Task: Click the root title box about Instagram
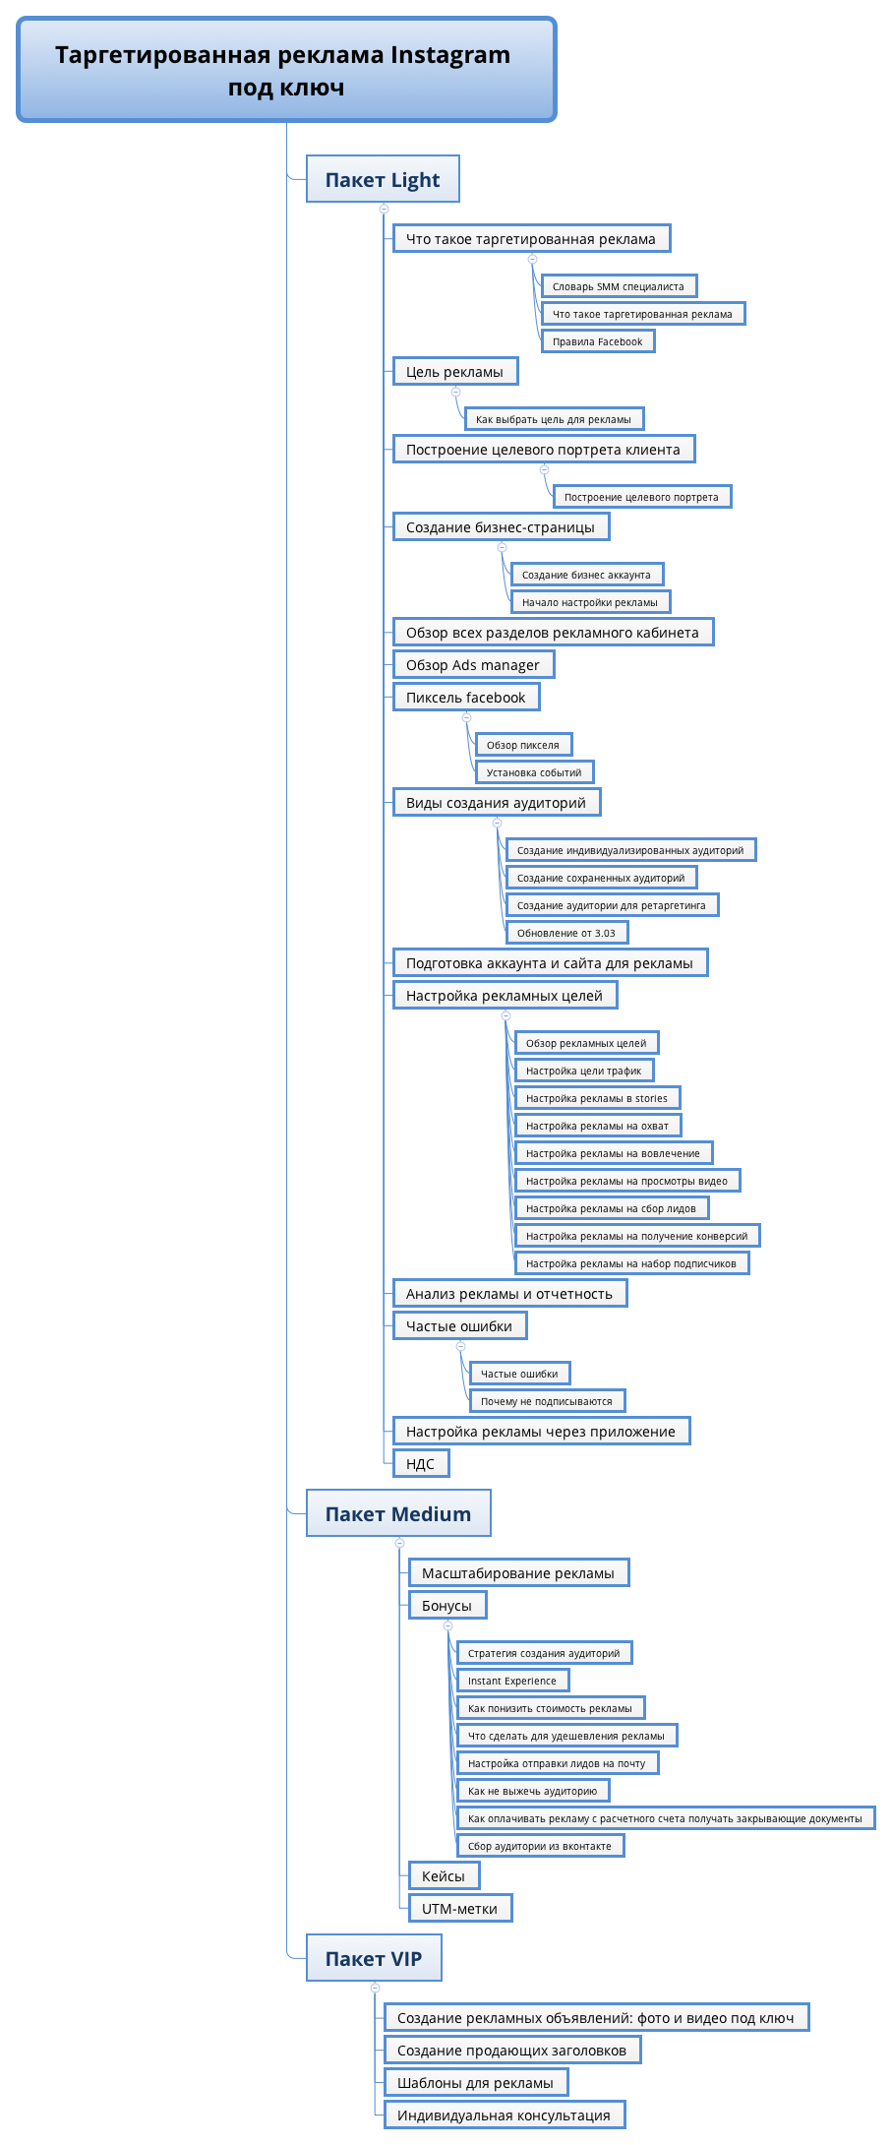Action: (x=286, y=70)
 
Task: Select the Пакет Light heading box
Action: (x=383, y=179)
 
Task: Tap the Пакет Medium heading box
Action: (x=398, y=1513)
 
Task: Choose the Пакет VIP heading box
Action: (x=374, y=1958)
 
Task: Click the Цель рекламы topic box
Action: (x=455, y=371)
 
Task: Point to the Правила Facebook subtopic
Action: (x=598, y=341)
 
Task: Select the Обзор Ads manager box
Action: (x=473, y=664)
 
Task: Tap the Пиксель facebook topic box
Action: (x=466, y=697)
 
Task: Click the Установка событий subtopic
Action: (x=534, y=772)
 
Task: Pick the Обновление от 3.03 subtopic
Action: (x=566, y=933)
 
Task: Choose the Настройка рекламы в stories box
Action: (x=597, y=1098)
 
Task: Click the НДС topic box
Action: (x=421, y=1463)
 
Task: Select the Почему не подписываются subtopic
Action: (x=547, y=1401)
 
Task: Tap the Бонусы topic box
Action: (x=447, y=1605)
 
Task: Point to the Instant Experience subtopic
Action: (x=512, y=1681)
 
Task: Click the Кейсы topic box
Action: (x=444, y=1875)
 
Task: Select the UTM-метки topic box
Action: (x=460, y=1908)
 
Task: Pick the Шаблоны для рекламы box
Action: (x=476, y=2082)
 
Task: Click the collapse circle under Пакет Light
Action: (x=384, y=209)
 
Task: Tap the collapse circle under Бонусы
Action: (x=447, y=1625)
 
